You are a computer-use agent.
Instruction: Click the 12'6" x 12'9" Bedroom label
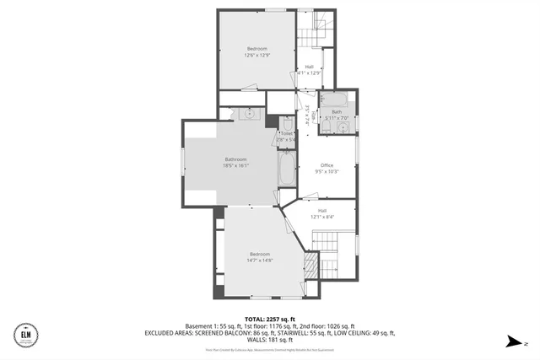click(256, 52)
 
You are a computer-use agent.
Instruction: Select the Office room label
click(327, 169)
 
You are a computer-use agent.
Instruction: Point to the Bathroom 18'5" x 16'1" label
click(235, 163)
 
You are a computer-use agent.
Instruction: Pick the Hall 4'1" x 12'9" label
click(310, 70)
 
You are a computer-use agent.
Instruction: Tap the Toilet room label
click(286, 136)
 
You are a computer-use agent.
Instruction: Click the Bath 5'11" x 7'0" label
click(337, 115)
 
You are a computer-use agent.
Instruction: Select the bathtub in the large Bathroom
click(286, 169)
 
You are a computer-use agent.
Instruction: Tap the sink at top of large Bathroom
click(249, 113)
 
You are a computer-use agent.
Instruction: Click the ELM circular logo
click(26, 336)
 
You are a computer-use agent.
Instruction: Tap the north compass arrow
click(511, 341)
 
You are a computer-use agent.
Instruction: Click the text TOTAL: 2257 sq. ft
click(270, 320)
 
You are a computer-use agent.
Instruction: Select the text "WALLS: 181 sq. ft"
click(270, 340)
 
